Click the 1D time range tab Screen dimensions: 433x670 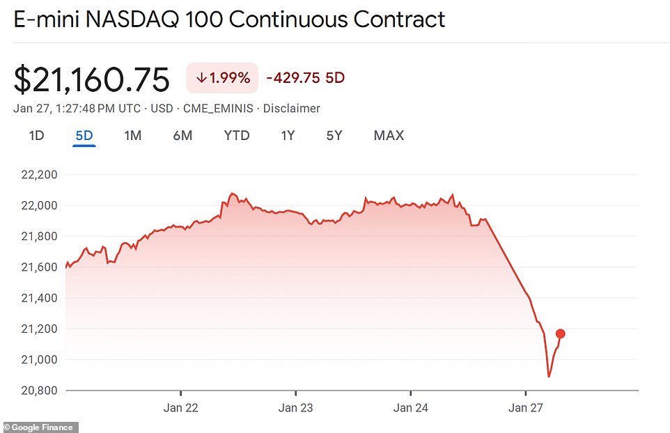tap(36, 136)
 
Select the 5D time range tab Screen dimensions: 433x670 tap(84, 136)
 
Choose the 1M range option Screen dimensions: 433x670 tap(132, 136)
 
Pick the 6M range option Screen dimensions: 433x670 tap(182, 136)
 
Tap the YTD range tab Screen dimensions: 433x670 tap(237, 136)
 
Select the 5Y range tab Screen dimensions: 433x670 tap(334, 136)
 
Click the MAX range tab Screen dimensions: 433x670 tap(389, 136)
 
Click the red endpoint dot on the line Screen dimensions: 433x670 tap(561, 334)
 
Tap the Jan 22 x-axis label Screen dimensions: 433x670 tap(180, 408)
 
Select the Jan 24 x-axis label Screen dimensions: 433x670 tap(411, 408)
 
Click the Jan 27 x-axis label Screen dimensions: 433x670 tap(526, 408)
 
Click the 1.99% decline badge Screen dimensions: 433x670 tap(222, 78)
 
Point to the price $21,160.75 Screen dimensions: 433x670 tap(91, 80)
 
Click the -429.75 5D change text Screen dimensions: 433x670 tap(306, 78)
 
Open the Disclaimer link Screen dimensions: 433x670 tap(293, 109)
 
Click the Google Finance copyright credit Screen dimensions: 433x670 tap(40, 427)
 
